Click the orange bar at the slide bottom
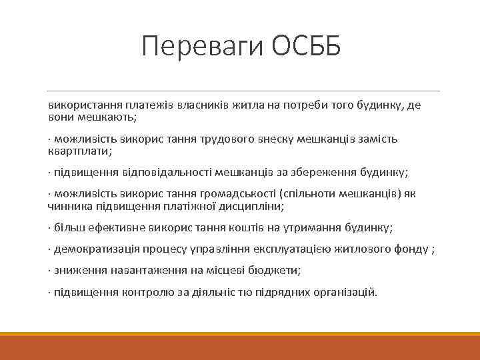[x=240, y=347]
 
